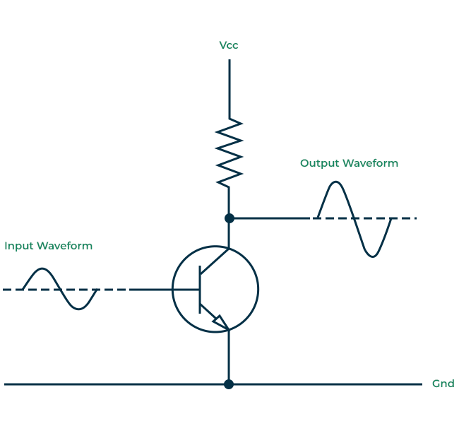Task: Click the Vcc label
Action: coord(229,45)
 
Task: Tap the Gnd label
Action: coord(443,384)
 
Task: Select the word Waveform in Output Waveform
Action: coord(370,162)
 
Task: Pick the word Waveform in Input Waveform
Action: coord(64,246)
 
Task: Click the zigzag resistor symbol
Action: coord(229,153)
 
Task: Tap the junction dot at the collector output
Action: coord(229,218)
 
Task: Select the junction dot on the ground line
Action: coord(229,384)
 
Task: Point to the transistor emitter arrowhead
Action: coord(221,322)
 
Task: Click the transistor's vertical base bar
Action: coord(200,290)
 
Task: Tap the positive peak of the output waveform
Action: coord(335,182)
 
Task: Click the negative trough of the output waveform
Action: coord(372,256)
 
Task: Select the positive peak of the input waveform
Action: coord(42,268)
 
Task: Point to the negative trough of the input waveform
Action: coord(79,309)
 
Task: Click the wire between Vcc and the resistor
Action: coord(229,89)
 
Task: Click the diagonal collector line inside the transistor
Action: coord(215,261)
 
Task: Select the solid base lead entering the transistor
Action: coord(164,290)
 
